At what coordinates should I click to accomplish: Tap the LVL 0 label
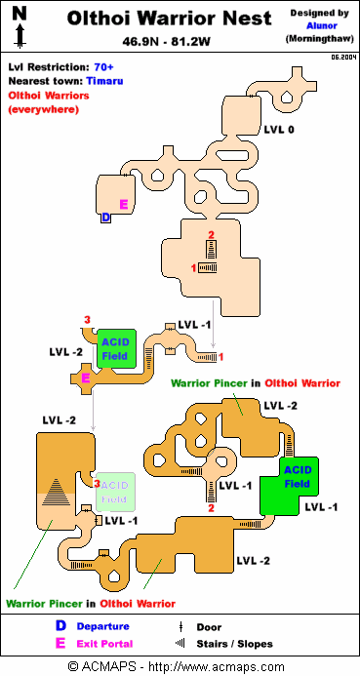pyautogui.click(x=279, y=130)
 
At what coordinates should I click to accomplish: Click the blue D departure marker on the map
pyautogui.click(x=106, y=219)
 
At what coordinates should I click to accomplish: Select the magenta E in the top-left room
pyautogui.click(x=123, y=204)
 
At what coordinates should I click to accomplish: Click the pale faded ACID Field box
pyautogui.click(x=115, y=491)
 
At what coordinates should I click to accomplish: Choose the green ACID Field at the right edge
pyautogui.click(x=298, y=477)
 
